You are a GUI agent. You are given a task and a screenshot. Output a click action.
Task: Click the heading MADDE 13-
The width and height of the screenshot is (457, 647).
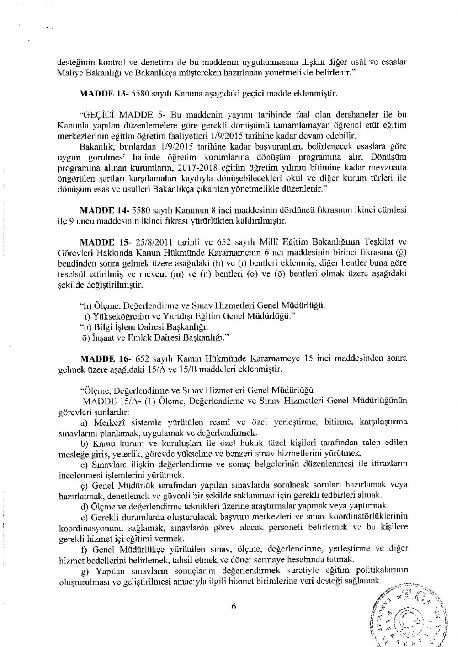(x=104, y=94)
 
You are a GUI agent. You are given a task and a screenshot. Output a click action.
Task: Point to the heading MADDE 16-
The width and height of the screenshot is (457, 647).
(x=104, y=358)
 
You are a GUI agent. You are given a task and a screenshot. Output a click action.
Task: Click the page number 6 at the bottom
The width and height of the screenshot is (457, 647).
(x=234, y=606)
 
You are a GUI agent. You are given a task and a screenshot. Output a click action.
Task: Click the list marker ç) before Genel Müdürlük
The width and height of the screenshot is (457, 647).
(x=84, y=484)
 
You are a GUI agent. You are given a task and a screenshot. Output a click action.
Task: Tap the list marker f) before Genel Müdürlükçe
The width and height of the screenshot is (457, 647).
(x=84, y=548)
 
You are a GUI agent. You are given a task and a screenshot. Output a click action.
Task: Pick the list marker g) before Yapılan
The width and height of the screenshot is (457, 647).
(x=85, y=570)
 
